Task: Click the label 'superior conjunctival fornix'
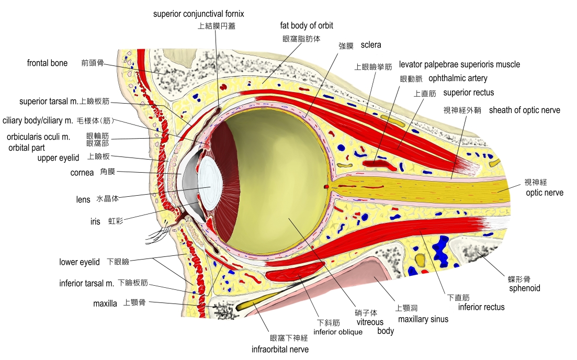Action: [198, 14]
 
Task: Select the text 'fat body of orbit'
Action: [307, 25]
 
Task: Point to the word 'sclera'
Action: [371, 45]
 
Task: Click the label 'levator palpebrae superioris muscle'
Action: [459, 64]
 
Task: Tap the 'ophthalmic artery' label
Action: [458, 78]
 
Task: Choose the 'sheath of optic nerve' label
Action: [524, 110]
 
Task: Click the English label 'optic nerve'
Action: [545, 193]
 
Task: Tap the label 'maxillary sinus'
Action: [423, 319]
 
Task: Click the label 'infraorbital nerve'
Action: [280, 349]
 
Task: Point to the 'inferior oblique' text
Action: [338, 332]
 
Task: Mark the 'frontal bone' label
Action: [47, 63]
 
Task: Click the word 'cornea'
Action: [82, 172]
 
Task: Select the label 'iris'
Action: [95, 222]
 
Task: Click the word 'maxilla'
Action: [105, 303]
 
